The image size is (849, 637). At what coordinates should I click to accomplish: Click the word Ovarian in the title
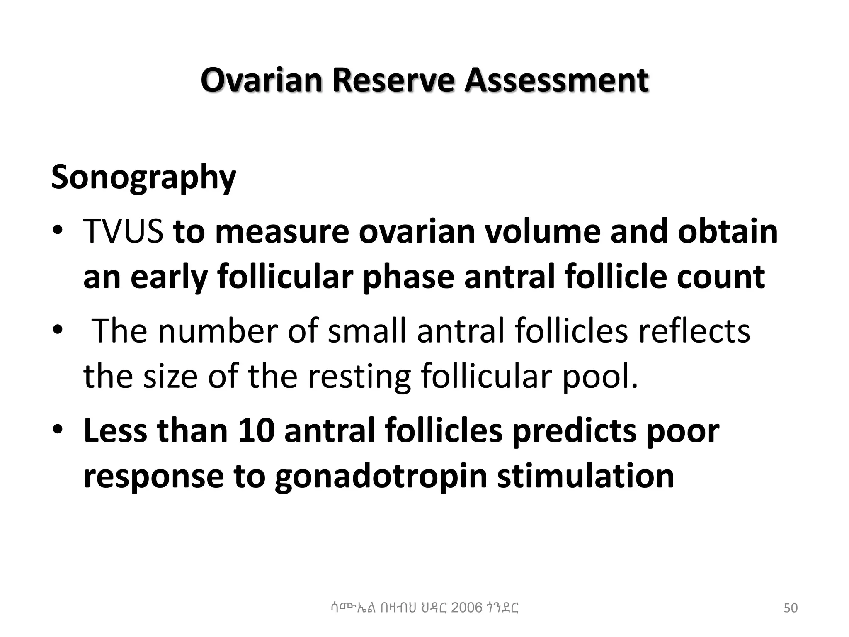click(x=261, y=80)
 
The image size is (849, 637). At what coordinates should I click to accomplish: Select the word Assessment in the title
click(x=556, y=80)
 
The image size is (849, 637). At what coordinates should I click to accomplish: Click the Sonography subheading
click(x=143, y=177)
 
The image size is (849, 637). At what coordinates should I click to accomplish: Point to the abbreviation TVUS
click(x=123, y=231)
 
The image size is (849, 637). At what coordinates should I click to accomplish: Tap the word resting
click(x=359, y=377)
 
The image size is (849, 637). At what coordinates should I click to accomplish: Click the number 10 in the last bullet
click(x=256, y=430)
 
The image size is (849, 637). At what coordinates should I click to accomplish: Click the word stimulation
click(x=585, y=476)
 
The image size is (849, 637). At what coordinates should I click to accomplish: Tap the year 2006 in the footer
click(x=466, y=608)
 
